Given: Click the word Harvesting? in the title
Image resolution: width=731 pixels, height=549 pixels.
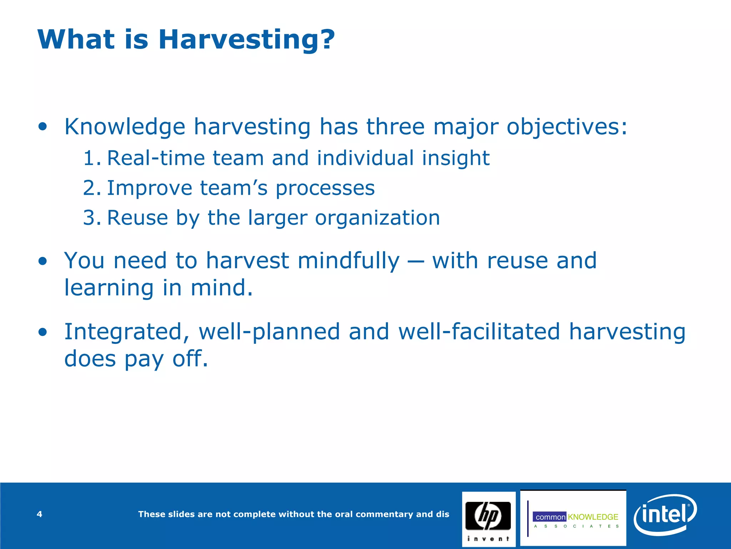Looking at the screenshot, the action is pyautogui.click(x=247, y=40).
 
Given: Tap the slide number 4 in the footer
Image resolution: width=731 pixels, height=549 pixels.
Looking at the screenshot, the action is pyautogui.click(x=40, y=514).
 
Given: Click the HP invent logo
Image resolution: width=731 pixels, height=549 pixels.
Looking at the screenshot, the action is pyautogui.click(x=489, y=519).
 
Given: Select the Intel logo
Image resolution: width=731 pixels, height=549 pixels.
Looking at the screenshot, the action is pyautogui.click(x=665, y=514).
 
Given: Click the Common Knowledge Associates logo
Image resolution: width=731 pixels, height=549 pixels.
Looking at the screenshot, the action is pyautogui.click(x=573, y=518).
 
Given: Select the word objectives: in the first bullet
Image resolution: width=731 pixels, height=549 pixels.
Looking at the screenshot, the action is pyautogui.click(x=567, y=127).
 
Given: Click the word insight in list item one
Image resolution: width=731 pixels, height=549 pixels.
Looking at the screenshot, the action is pyautogui.click(x=456, y=159).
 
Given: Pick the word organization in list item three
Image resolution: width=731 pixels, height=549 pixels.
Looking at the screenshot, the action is pyautogui.click(x=377, y=218).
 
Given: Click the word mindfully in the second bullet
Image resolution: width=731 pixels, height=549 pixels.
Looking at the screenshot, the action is pyautogui.click(x=348, y=261).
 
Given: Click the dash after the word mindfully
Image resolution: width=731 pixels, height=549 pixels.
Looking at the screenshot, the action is pyautogui.click(x=416, y=262).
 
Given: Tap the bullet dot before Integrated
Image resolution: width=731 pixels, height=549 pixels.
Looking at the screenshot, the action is pyautogui.click(x=43, y=332).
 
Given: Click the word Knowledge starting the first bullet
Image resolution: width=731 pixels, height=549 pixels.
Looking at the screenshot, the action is pyautogui.click(x=125, y=127).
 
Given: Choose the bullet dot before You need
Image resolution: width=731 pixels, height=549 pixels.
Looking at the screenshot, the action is pyautogui.click(x=43, y=261).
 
